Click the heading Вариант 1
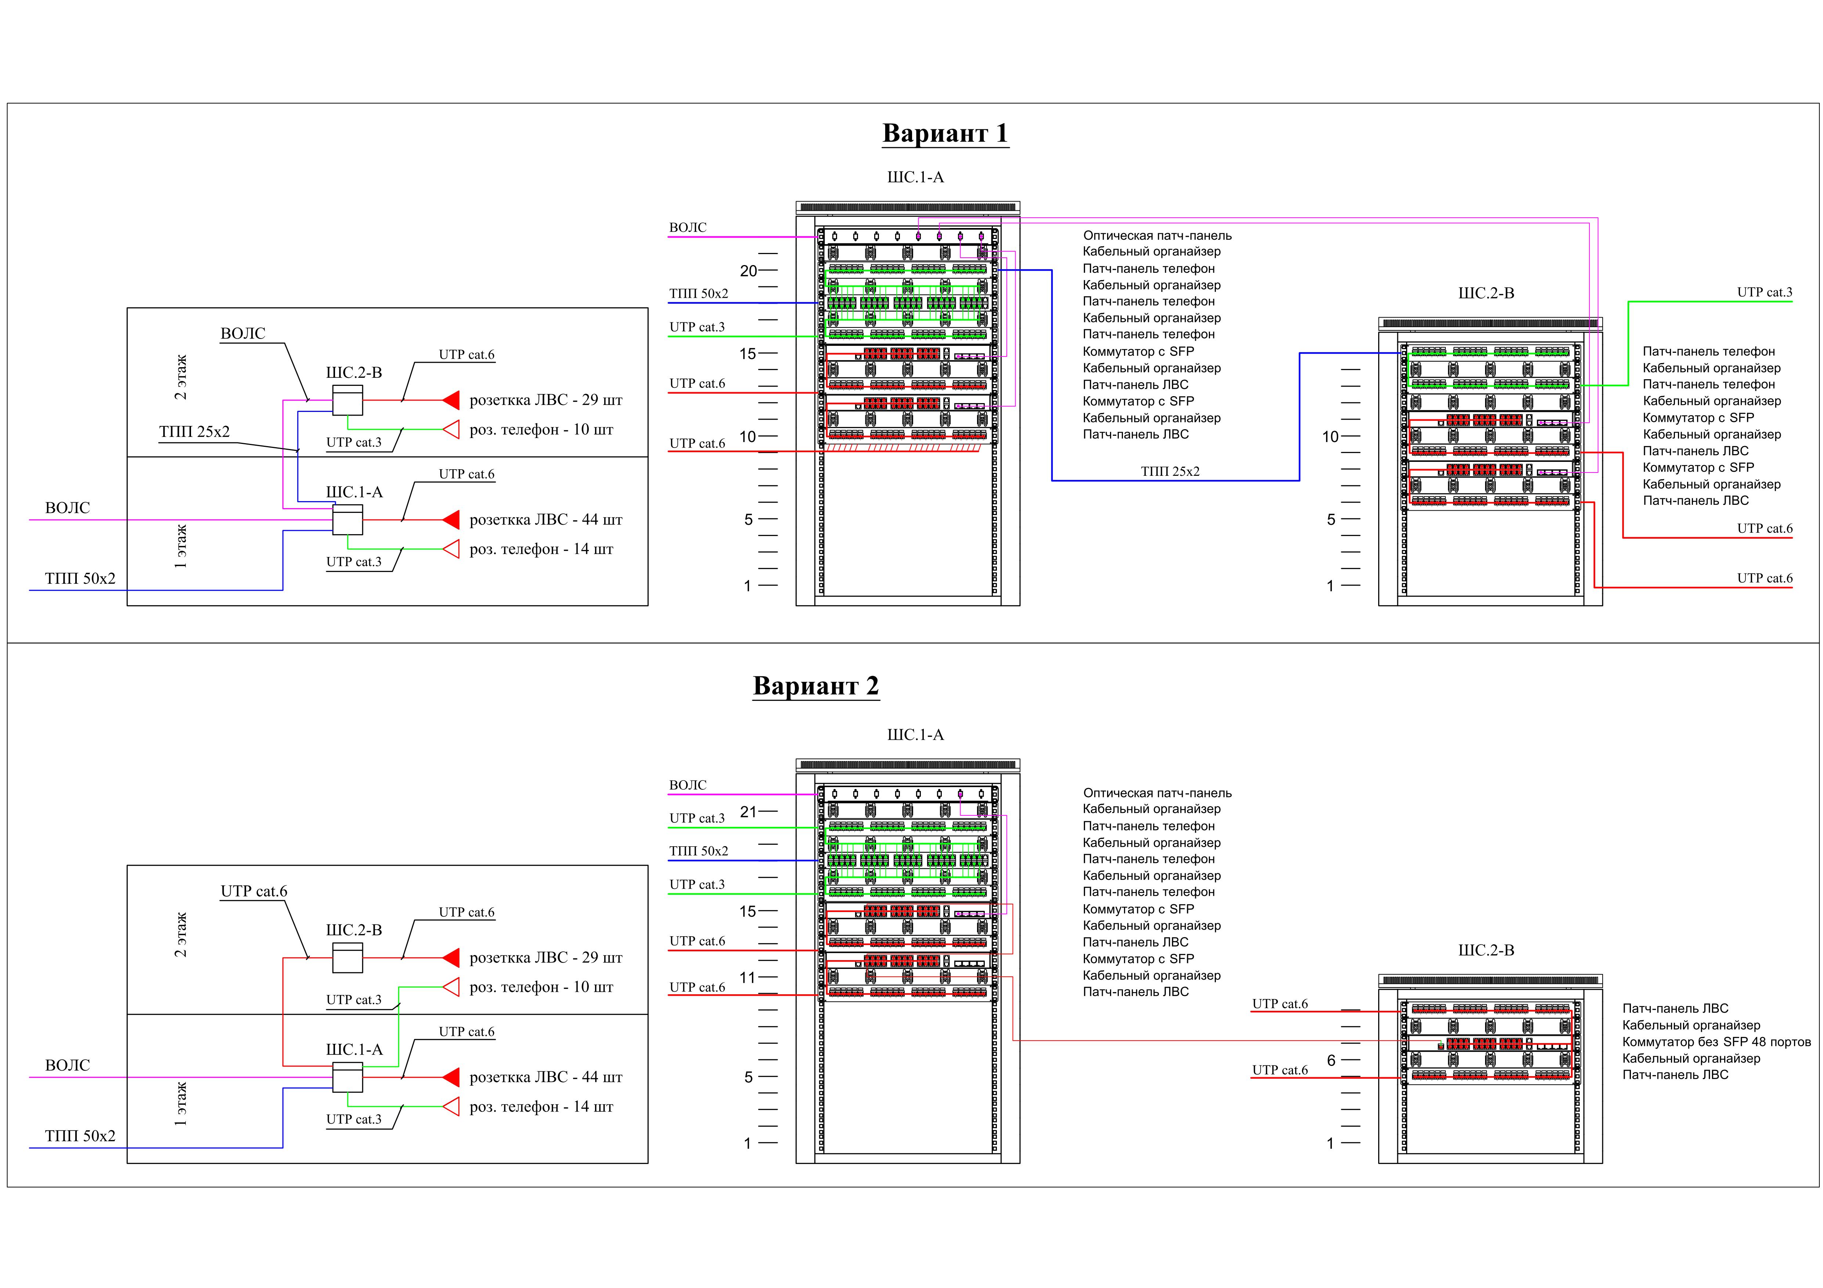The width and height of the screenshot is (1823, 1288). click(x=945, y=133)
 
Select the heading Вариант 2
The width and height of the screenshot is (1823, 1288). click(x=815, y=685)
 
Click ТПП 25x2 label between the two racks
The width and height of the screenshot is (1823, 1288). click(x=1170, y=471)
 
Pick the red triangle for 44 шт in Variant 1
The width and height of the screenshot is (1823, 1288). click(x=451, y=520)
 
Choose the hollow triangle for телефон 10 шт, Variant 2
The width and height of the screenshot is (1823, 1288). click(x=451, y=987)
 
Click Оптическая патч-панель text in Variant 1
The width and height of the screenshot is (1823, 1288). click(x=1157, y=236)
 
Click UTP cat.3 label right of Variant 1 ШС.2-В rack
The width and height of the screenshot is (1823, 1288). click(x=1764, y=292)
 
